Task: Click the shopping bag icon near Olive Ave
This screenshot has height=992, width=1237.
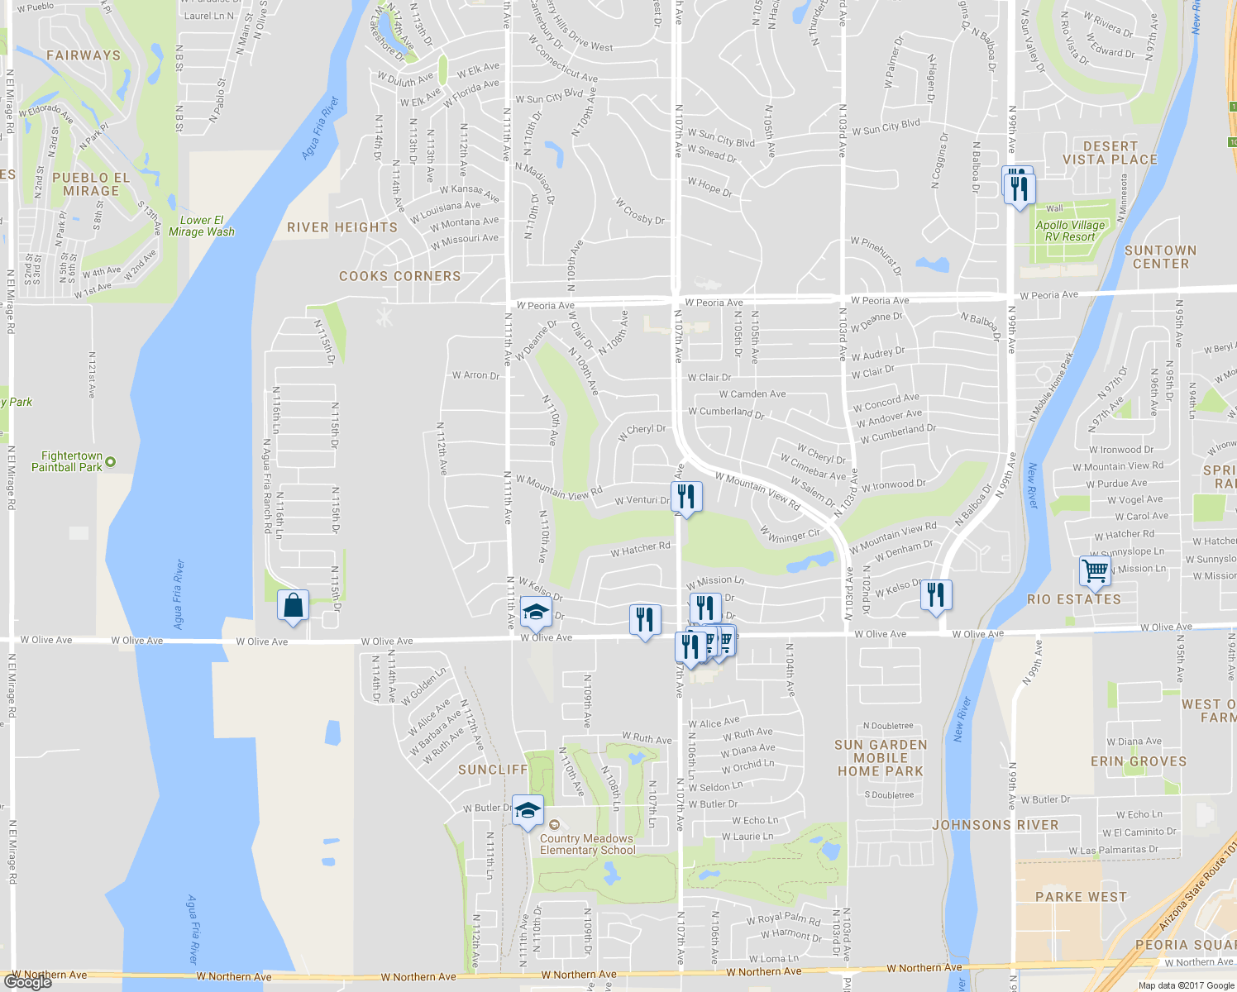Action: point(293,605)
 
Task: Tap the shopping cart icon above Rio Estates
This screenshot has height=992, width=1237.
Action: point(1095,570)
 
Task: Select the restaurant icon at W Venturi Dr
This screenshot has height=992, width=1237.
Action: point(686,497)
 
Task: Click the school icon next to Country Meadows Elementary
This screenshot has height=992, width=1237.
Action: point(528,810)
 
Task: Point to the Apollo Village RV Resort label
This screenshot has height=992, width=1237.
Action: point(1070,231)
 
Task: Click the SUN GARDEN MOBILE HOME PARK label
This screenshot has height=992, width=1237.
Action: point(881,758)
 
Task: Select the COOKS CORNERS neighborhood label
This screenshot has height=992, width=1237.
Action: point(399,276)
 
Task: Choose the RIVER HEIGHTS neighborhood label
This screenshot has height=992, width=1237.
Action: point(342,227)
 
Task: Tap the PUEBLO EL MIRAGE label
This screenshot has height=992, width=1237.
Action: point(91,184)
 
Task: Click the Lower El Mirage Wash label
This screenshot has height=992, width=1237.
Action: point(202,226)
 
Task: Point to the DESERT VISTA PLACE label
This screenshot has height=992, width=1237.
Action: point(1110,153)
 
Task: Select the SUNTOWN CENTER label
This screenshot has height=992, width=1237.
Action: point(1160,257)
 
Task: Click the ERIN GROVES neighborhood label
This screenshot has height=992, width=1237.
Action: point(1138,761)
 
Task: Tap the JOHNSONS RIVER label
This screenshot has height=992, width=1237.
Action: point(995,825)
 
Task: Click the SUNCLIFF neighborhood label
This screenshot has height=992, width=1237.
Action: point(493,770)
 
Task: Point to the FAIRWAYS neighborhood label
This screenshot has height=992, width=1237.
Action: point(84,55)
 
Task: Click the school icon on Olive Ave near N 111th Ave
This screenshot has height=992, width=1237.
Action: point(536,614)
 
